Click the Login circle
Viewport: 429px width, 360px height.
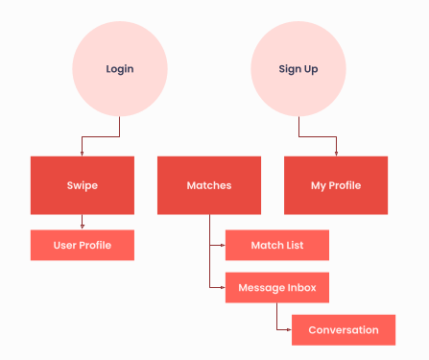(120, 69)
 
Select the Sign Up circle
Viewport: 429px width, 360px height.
(298, 69)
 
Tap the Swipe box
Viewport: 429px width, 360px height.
(83, 185)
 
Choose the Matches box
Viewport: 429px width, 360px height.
(209, 185)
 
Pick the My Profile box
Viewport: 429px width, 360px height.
(336, 185)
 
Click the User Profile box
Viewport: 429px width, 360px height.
(83, 245)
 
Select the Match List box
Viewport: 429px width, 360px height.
(277, 245)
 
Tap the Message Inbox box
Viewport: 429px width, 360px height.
(277, 288)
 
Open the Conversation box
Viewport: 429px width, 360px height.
(344, 330)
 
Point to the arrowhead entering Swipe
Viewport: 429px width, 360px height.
(82, 154)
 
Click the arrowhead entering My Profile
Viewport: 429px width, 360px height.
(336, 154)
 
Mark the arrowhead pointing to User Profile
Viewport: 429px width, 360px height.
(83, 227)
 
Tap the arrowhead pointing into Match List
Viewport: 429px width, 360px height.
(223, 245)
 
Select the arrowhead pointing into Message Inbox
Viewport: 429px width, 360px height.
(223, 287)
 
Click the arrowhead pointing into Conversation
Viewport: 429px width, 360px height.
(289, 329)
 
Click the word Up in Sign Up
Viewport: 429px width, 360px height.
(311, 69)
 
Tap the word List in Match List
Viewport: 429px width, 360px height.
(295, 245)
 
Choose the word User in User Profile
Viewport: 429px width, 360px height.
(65, 246)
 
